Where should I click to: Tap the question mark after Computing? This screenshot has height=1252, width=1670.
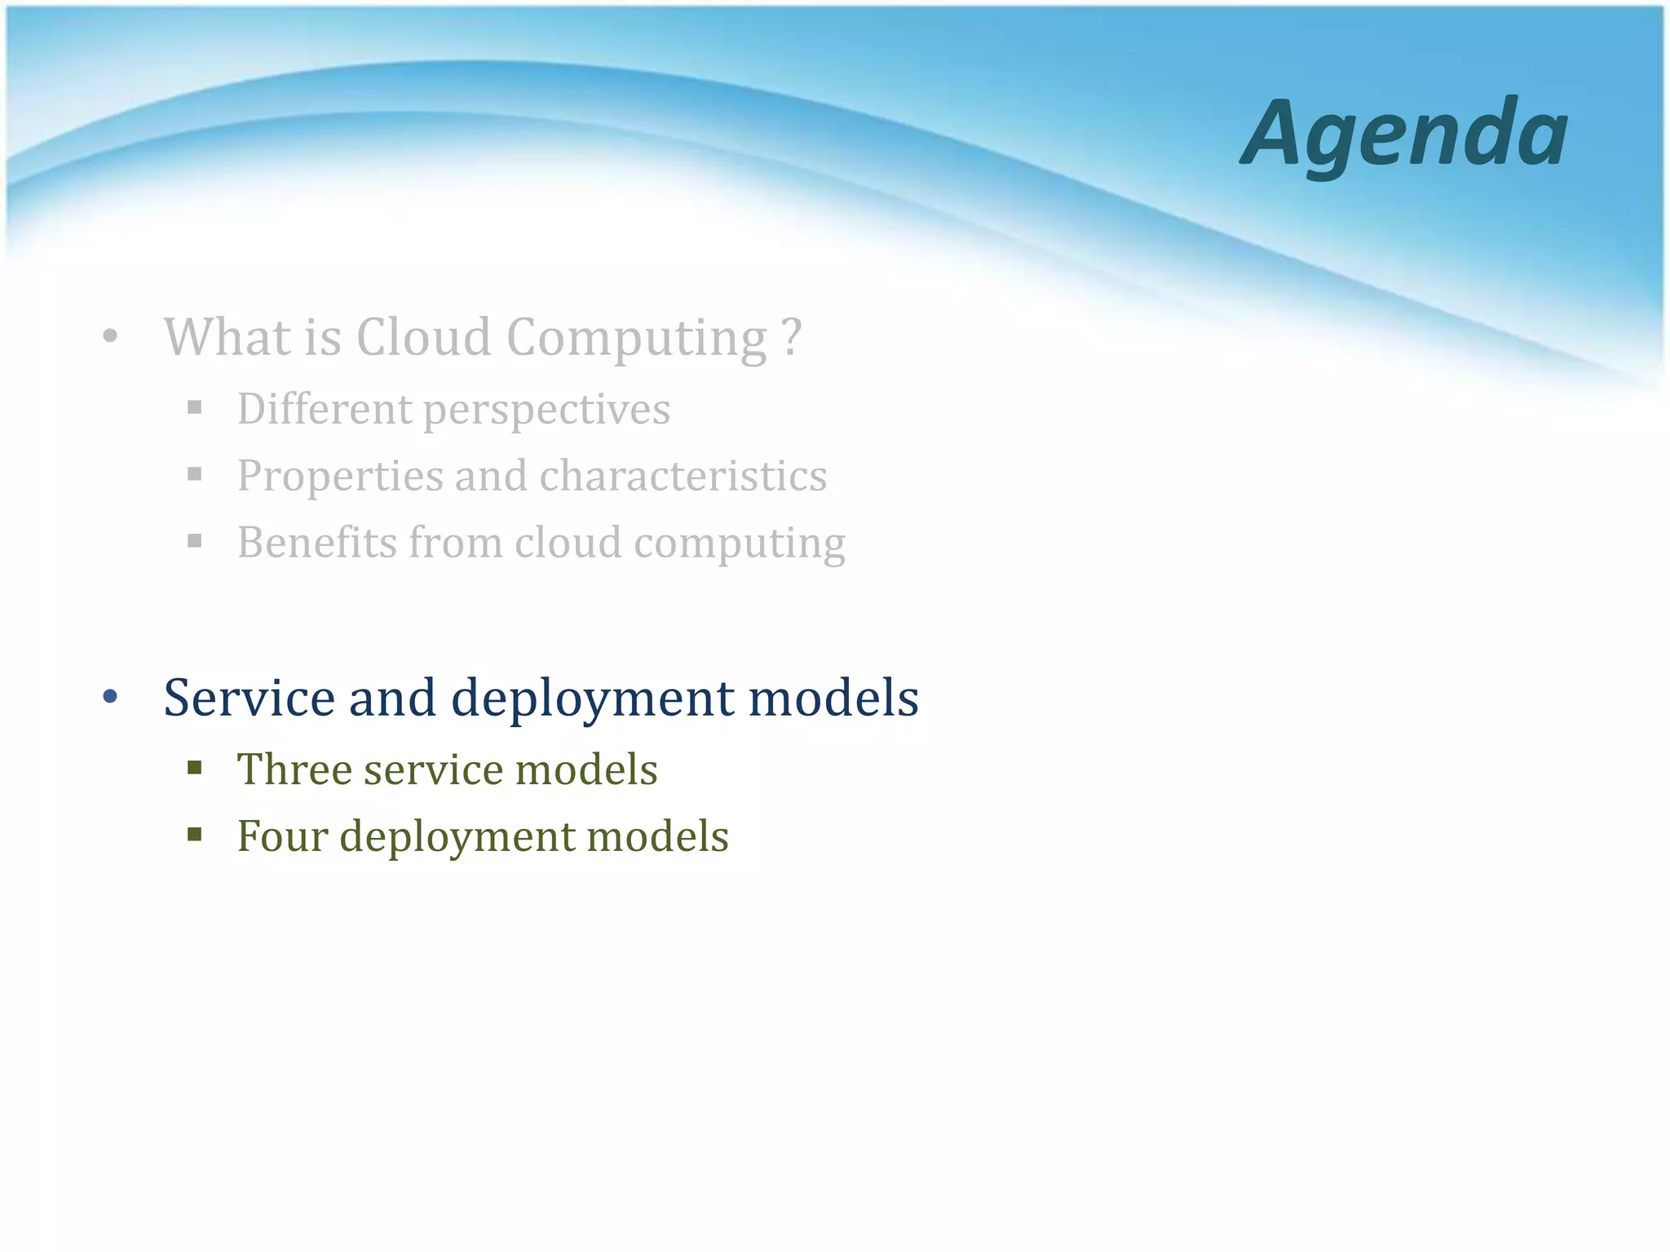[791, 337]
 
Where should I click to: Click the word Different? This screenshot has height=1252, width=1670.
[325, 408]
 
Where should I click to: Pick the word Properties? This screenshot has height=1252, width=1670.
[339, 477]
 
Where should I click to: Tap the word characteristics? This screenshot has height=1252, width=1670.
[683, 475]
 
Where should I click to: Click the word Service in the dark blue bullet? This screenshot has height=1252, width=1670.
[250, 698]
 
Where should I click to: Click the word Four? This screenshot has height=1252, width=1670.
[282, 836]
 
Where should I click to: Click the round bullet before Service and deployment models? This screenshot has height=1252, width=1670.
[111, 697]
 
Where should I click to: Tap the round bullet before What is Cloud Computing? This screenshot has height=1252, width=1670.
[111, 336]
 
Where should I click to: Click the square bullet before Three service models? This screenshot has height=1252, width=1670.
[194, 767]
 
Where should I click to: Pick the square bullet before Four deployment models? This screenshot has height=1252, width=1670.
[194, 834]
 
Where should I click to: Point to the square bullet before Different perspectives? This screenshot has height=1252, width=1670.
[194, 407]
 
